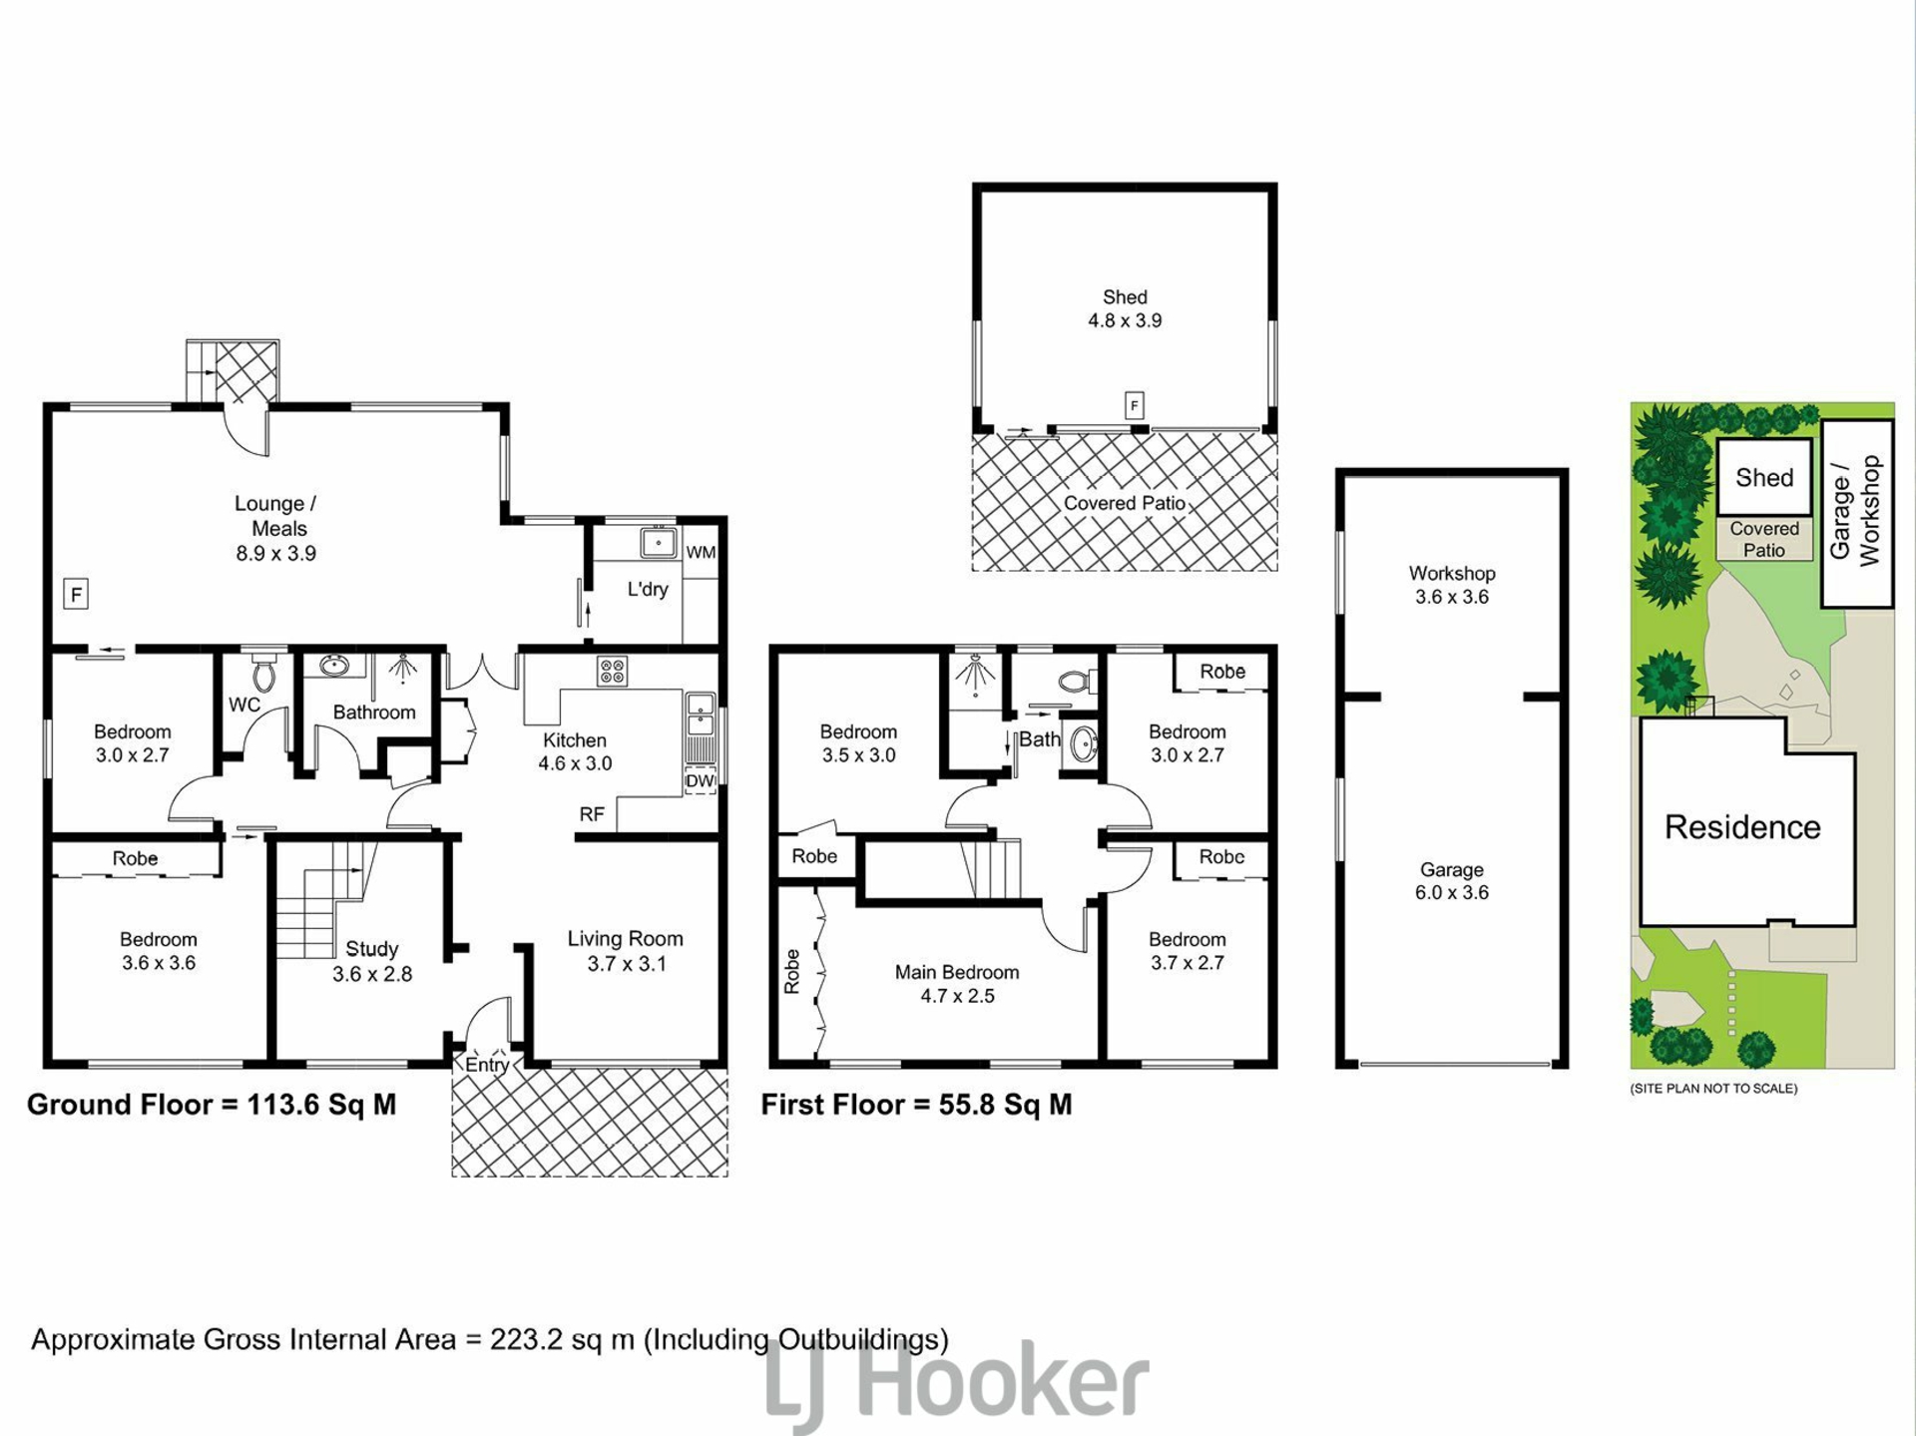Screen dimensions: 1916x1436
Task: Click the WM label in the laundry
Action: coord(701,552)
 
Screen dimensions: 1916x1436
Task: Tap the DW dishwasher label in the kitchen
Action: coord(701,780)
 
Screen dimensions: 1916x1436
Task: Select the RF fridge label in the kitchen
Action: coord(592,814)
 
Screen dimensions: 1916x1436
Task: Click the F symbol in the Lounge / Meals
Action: coord(76,595)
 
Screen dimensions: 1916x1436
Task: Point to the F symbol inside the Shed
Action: coord(1134,405)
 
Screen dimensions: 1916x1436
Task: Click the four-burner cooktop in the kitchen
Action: coord(612,671)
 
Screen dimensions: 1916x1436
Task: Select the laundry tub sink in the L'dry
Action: coord(659,543)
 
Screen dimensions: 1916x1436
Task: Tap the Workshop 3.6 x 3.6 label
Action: coord(1452,585)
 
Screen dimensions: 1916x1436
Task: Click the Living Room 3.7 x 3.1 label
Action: coord(626,951)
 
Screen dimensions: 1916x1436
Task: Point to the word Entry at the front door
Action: coord(487,1065)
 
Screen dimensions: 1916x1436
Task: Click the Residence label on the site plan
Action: coord(1742,826)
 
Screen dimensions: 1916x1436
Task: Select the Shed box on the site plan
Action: coord(1764,477)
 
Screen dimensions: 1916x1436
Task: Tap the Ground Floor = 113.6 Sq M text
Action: coord(212,1105)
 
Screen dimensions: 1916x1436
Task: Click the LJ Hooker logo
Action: coord(958,1384)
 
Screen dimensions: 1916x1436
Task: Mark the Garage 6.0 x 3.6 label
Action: coord(1452,881)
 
